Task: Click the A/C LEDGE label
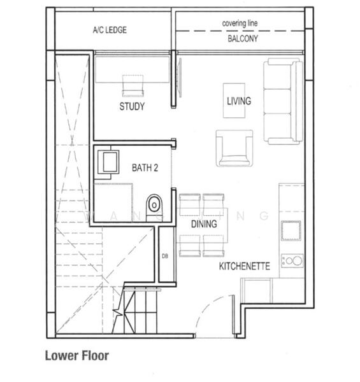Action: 110,29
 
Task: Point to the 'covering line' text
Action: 240,24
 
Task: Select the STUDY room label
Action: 132,106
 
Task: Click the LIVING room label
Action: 239,101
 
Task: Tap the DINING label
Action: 204,224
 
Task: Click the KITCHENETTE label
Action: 245,266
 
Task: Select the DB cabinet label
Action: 165,256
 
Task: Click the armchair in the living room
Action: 234,148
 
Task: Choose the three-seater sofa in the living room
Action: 283,101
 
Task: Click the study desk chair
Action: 133,85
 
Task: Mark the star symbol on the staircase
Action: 117,312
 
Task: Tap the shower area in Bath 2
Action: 113,202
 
